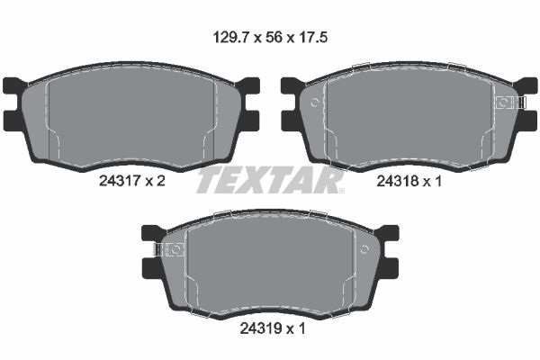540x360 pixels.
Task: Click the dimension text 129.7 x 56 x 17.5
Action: tap(270, 37)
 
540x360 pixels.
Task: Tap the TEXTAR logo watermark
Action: tap(270, 179)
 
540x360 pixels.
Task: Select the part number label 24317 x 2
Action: tap(132, 181)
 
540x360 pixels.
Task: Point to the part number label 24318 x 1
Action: tap(409, 181)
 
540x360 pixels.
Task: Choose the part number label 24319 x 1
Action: tap(273, 328)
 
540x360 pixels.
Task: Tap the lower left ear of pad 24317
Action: tap(13, 121)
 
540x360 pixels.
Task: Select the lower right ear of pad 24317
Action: tap(249, 121)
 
